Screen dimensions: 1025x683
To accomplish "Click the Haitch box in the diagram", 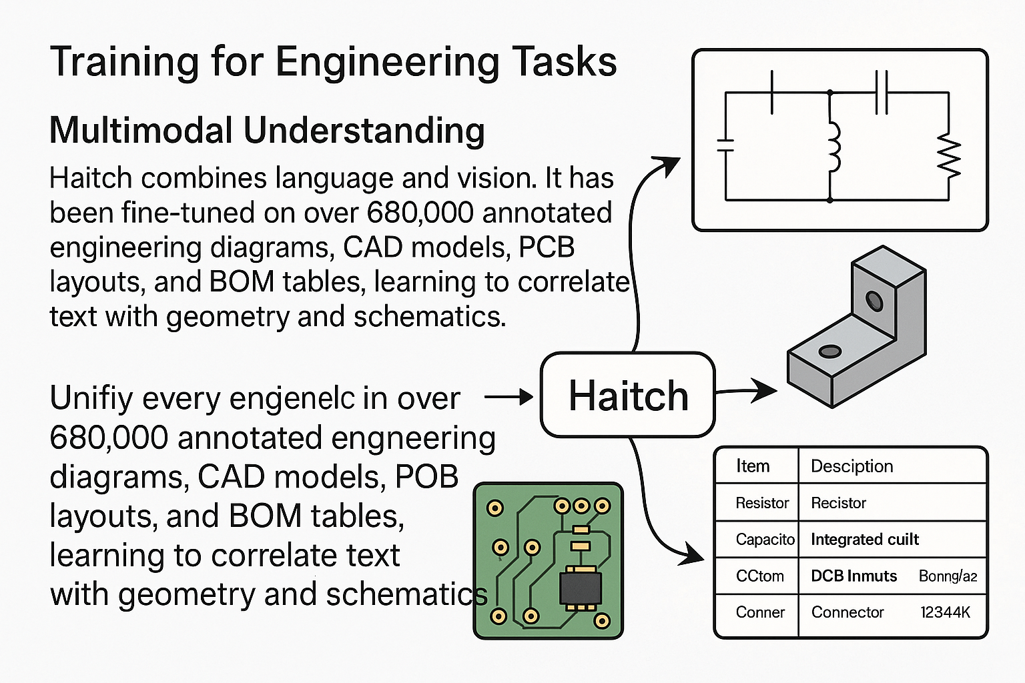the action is click(627, 394).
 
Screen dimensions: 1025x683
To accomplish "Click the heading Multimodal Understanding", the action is click(267, 130).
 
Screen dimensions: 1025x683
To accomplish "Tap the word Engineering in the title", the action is click(386, 62).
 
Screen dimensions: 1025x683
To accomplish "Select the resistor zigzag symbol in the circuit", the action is click(949, 155).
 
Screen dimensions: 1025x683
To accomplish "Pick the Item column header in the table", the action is click(753, 466).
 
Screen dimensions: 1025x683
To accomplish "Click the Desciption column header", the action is click(851, 466).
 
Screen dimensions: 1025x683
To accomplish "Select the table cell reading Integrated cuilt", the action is click(864, 540).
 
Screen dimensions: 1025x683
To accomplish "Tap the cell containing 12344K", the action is click(945, 612).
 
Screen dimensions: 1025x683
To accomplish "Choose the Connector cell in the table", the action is click(847, 612).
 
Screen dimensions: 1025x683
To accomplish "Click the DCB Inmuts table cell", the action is click(853, 576).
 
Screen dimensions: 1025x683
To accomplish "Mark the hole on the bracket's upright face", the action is click(874, 301).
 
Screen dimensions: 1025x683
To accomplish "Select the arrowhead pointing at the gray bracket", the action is click(763, 390).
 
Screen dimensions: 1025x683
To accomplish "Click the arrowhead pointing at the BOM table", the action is click(691, 555).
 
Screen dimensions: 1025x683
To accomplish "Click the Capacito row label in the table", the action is click(765, 540).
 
